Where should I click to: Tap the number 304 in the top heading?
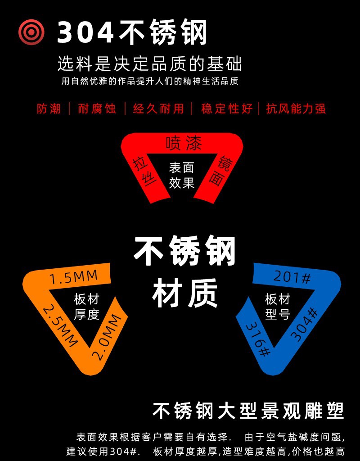click(x=85, y=32)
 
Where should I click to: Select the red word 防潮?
click(x=49, y=109)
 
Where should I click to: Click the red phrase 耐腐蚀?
click(x=97, y=109)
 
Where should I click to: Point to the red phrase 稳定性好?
click(x=226, y=109)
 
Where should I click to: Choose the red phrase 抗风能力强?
click(x=296, y=109)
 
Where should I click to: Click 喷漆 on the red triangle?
click(x=184, y=143)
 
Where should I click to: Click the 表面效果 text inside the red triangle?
click(x=181, y=175)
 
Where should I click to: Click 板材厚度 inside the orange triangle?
click(x=86, y=307)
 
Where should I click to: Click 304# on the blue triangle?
click(x=304, y=324)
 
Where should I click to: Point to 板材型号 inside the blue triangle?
click(x=278, y=306)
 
